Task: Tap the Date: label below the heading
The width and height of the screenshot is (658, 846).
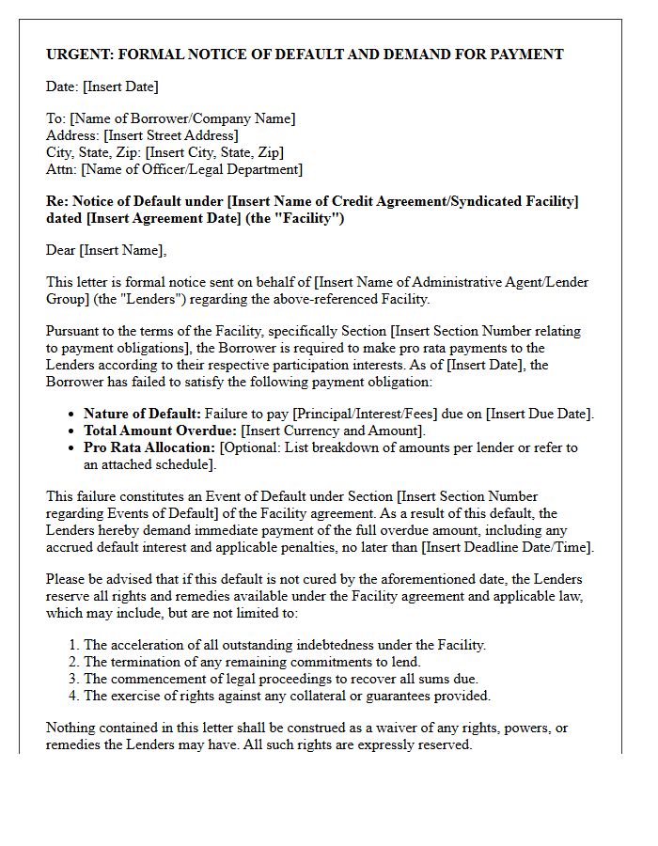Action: pos(62,86)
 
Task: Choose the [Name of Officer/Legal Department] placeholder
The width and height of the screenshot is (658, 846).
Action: pos(192,169)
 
